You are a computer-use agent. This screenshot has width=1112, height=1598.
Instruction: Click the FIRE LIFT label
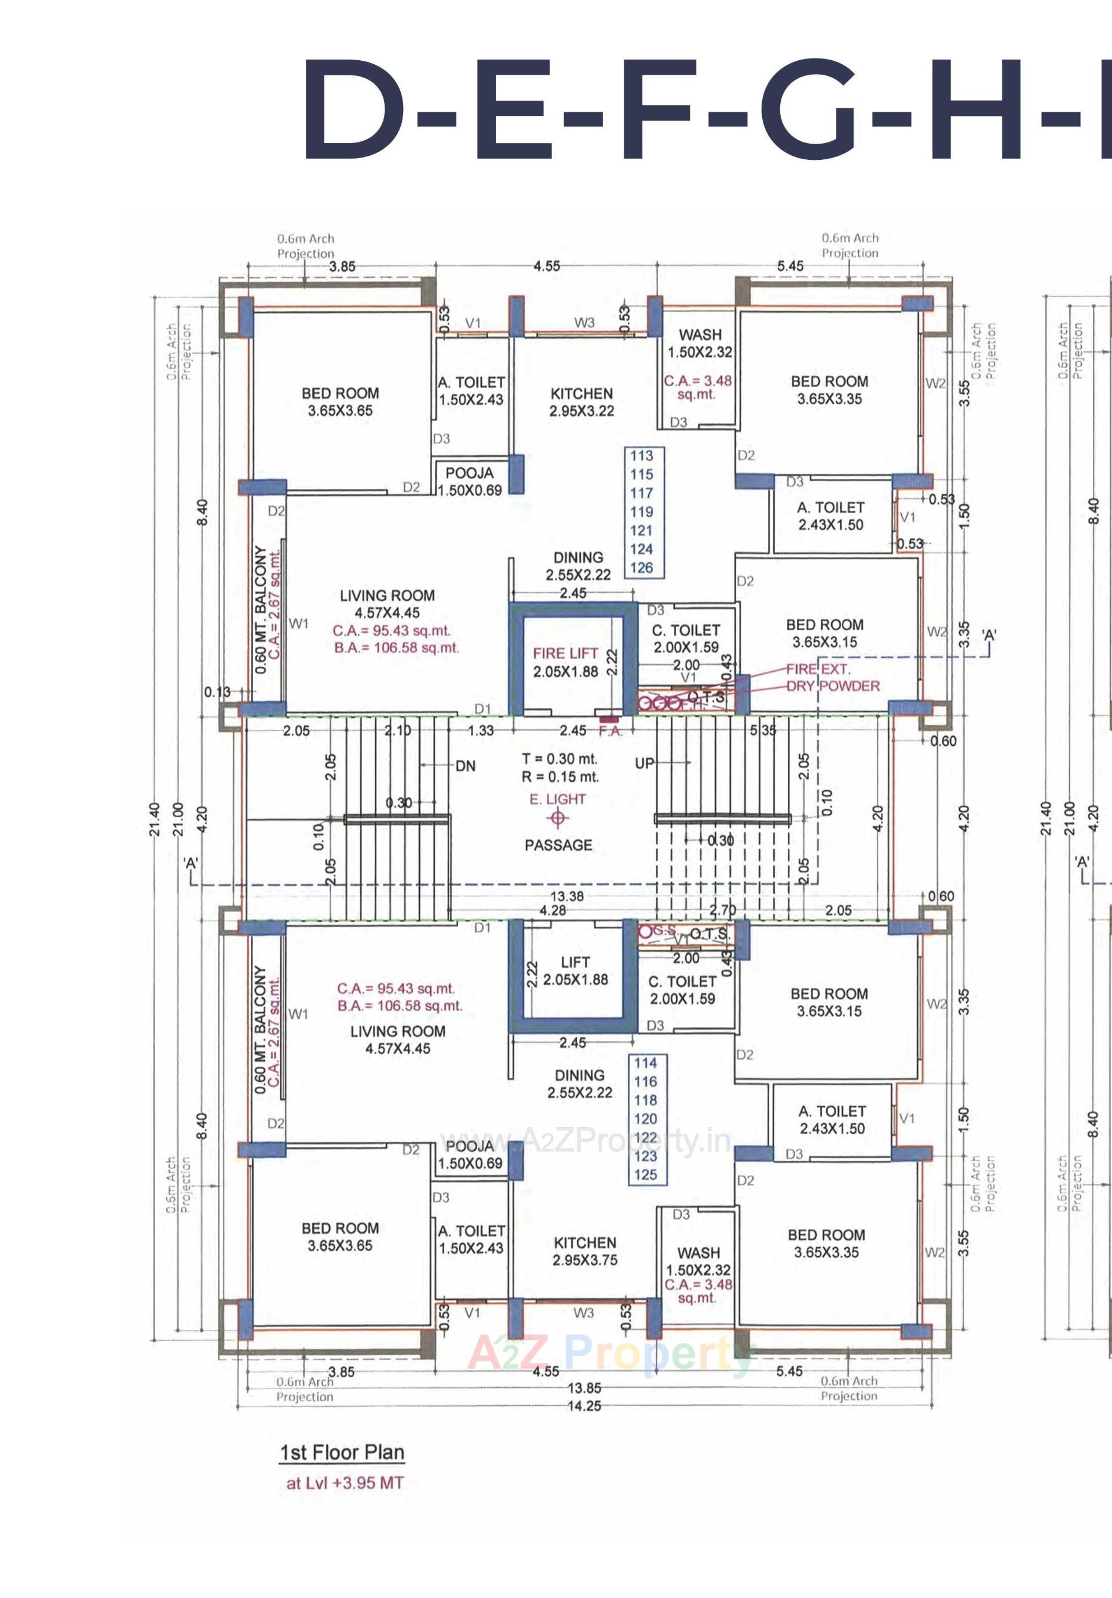565,653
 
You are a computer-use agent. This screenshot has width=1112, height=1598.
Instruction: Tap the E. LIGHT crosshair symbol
557,818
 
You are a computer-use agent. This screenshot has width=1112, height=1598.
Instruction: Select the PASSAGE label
558,845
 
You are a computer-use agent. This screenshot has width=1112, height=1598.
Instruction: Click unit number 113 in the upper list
642,456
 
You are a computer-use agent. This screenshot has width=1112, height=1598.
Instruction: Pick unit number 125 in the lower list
646,1175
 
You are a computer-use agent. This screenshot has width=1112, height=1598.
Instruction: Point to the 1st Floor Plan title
342,1453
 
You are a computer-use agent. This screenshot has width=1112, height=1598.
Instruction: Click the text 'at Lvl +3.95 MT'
345,1483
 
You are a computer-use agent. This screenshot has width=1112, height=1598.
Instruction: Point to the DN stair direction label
466,766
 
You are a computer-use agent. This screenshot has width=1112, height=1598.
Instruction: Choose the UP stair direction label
645,763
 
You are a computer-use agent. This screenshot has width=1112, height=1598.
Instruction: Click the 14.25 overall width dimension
584,1406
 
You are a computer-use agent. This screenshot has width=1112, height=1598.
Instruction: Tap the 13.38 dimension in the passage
566,897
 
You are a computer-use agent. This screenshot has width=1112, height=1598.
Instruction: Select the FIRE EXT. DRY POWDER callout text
832,677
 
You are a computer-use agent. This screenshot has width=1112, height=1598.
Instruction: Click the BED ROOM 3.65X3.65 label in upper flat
341,401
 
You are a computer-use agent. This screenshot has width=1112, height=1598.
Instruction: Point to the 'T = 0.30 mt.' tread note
559,759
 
